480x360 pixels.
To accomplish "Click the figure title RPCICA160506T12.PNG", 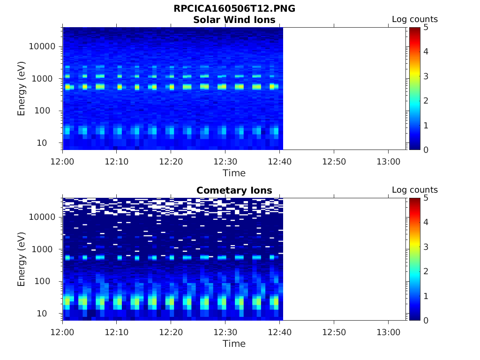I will coord(234,9).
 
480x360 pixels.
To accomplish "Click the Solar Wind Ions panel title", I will coord(234,20).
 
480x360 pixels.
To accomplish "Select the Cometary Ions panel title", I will coord(234,190).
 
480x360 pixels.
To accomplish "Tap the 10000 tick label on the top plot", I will coord(43,46).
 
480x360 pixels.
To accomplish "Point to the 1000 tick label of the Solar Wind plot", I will coord(45,79).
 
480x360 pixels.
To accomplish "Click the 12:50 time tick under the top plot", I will coord(334,161).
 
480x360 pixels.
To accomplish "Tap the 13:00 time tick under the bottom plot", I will coord(388,332).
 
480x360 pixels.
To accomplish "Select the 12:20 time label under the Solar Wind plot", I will coord(171,161).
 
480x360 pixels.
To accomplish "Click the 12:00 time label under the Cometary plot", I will coord(63,332).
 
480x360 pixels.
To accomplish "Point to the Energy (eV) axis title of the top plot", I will coord(22,89).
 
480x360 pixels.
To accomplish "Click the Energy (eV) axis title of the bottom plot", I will coord(22,259).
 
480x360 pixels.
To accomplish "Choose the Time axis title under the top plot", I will coord(234,173).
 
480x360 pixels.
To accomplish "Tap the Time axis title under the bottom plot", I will coord(234,344).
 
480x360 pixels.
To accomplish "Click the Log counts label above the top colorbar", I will coord(414,19).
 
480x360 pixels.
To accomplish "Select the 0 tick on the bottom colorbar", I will coord(426,320).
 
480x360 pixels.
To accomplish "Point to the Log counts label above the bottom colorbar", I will coord(414,190).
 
